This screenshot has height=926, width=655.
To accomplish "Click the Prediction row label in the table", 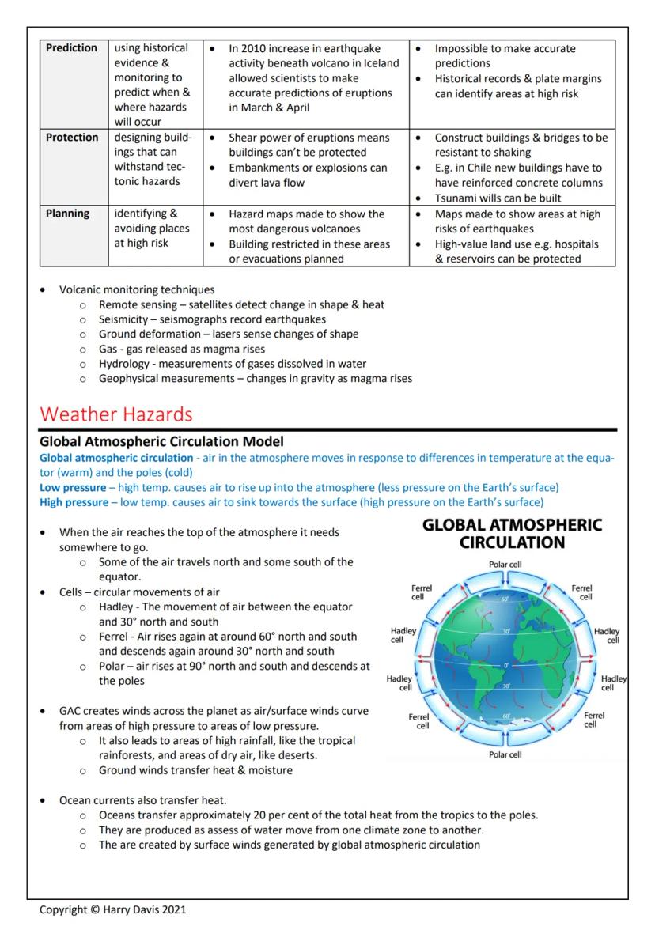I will (71, 48).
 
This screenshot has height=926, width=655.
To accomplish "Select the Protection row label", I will (72, 138).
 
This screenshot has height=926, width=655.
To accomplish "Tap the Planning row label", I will (67, 214).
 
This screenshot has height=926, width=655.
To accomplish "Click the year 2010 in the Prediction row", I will (254, 48).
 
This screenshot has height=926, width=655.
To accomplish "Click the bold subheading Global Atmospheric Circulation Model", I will (161, 441).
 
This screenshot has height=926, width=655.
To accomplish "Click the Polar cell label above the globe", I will (505, 565).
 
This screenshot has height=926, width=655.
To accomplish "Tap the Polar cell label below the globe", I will (505, 754).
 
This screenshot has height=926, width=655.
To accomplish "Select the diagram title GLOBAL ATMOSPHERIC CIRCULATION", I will (512, 534).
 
